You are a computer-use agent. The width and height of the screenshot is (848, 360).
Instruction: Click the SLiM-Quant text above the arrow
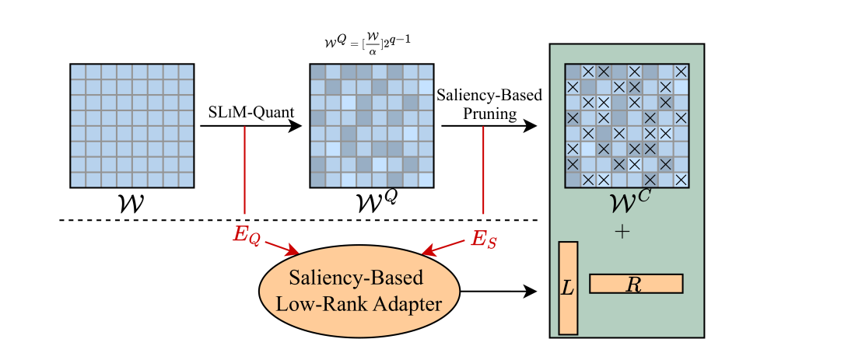click(251, 113)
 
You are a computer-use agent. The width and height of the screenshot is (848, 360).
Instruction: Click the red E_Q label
click(247, 234)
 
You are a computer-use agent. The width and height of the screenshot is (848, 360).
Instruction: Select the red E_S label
click(485, 237)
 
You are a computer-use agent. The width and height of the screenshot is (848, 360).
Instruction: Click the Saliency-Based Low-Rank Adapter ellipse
click(359, 291)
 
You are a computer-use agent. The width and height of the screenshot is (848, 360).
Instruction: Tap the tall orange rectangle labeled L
click(568, 288)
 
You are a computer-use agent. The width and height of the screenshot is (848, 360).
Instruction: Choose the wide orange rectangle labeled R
click(636, 284)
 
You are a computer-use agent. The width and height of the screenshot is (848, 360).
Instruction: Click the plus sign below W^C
click(622, 231)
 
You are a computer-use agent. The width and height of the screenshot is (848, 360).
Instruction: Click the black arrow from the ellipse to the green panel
click(498, 292)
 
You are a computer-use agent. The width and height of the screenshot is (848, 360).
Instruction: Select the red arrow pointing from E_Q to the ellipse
click(282, 247)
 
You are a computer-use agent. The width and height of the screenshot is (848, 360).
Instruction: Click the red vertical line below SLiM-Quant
click(245, 171)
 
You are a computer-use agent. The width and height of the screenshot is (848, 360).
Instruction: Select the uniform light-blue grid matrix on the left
click(131, 126)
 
